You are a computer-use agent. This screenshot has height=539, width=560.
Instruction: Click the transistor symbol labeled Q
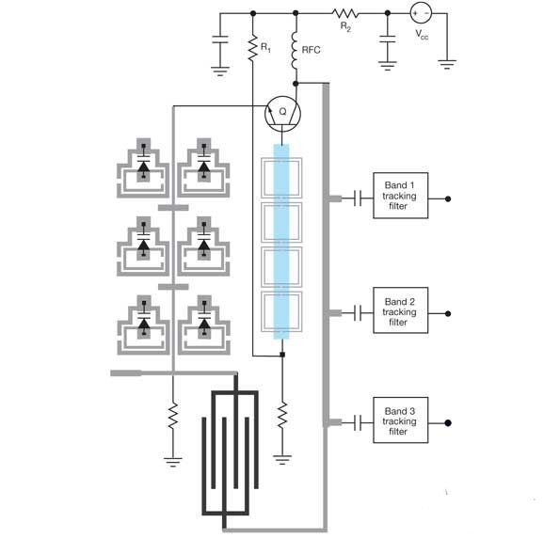(282, 114)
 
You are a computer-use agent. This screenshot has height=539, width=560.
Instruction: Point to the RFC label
(311, 50)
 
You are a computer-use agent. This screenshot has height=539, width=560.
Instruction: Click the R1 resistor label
(265, 47)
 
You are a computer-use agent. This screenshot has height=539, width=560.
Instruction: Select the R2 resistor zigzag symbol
(345, 13)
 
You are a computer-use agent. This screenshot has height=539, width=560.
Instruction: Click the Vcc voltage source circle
(421, 13)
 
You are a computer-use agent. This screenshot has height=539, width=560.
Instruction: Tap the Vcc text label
(422, 35)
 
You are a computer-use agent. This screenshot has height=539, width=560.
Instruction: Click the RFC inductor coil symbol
(295, 51)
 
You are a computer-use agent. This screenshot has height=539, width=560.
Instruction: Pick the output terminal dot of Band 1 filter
(448, 198)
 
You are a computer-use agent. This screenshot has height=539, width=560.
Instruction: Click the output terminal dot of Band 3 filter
(448, 423)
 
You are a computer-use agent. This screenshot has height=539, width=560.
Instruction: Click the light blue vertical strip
(281, 242)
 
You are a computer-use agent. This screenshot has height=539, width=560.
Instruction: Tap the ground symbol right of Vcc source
(447, 65)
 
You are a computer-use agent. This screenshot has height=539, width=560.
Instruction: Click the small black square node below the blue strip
(282, 355)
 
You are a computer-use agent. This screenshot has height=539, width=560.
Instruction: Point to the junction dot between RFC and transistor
(296, 84)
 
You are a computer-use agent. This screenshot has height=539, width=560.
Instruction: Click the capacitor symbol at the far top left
(220, 40)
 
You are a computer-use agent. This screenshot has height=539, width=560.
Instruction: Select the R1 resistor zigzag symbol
(253, 47)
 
